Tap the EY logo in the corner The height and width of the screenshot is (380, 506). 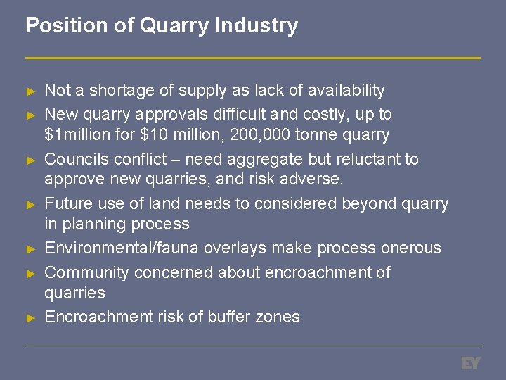tap(470, 363)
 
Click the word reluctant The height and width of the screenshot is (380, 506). tap(356, 158)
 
